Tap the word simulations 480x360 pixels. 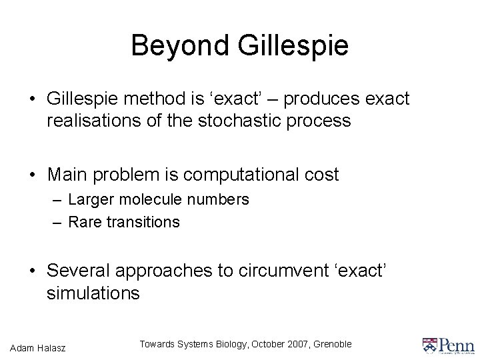click(93, 293)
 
